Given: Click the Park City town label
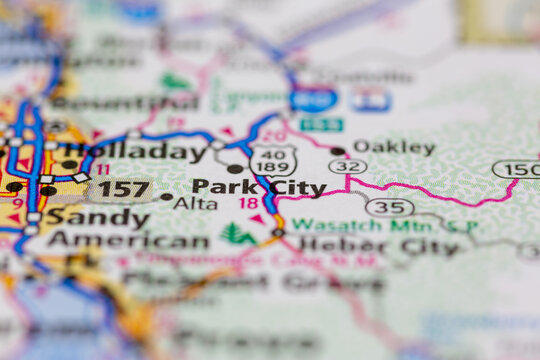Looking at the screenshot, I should pyautogui.click(x=258, y=187).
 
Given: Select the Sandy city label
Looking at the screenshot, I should pyautogui.click(x=98, y=217).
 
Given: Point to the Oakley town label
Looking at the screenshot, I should pyautogui.click(x=394, y=148).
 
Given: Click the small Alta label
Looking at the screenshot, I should pyautogui.click(x=195, y=203).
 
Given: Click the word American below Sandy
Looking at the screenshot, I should pyautogui.click(x=128, y=241).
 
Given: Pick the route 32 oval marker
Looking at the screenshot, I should pyautogui.click(x=346, y=167).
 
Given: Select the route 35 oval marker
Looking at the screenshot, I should pyautogui.click(x=389, y=207).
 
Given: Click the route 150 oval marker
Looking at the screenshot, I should pyautogui.click(x=516, y=169).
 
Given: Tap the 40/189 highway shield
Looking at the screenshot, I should pyautogui.click(x=273, y=162).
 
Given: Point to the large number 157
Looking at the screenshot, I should pyautogui.click(x=122, y=188).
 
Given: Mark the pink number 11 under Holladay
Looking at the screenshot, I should pyautogui.click(x=103, y=170).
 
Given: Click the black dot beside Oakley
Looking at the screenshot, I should pyautogui.click(x=338, y=152).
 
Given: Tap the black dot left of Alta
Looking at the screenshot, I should pyautogui.click(x=166, y=197).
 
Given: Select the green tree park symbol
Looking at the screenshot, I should pyautogui.click(x=238, y=235).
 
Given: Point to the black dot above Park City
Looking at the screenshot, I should pyautogui.click(x=235, y=169).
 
